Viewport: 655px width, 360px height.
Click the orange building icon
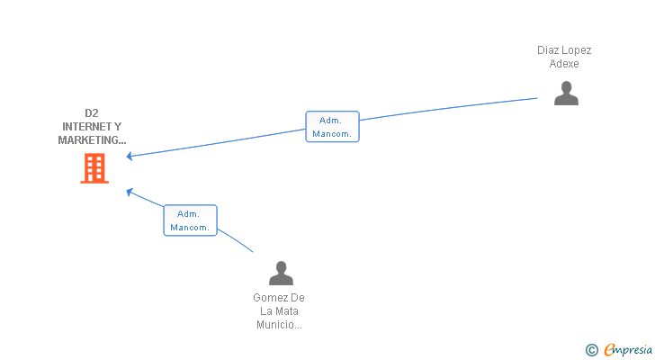94,168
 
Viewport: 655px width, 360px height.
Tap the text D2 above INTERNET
92,113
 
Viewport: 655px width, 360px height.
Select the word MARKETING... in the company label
92,140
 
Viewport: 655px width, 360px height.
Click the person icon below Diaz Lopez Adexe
566,94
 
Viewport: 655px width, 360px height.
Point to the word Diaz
549,50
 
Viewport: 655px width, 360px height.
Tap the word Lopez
578,50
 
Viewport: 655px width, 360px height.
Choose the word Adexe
564,64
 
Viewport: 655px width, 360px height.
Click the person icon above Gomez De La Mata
281,273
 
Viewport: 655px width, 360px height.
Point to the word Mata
287,311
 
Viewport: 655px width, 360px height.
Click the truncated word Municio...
279,325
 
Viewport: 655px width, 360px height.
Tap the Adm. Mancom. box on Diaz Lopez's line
332,127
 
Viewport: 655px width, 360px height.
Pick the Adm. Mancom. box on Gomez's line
190,220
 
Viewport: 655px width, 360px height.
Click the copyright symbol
591,350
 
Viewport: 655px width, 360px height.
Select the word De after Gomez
299,298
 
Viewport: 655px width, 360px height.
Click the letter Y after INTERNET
118,127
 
